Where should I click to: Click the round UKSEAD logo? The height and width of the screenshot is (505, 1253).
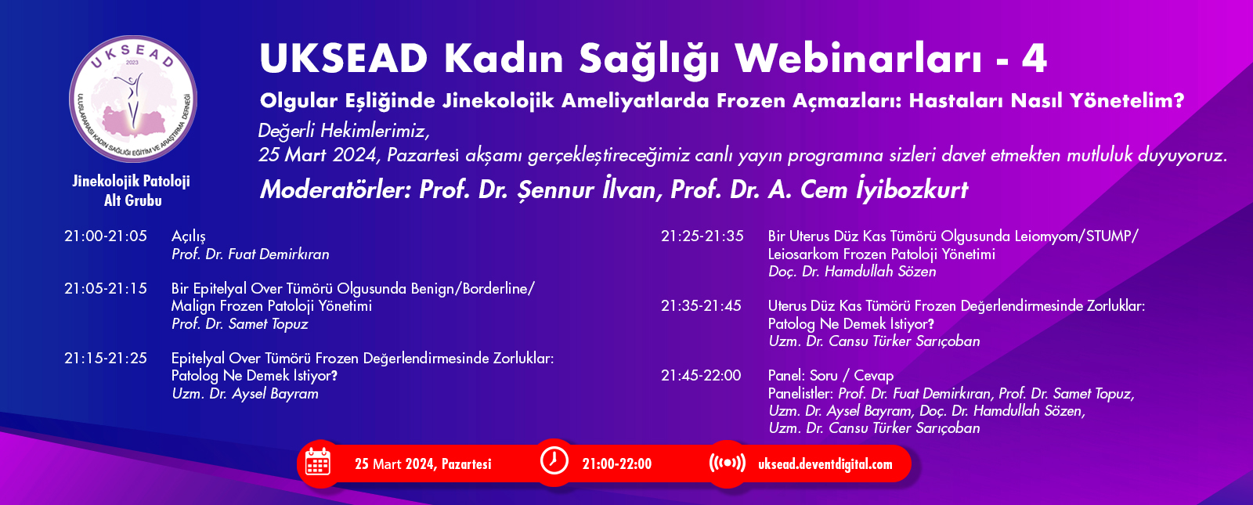133,99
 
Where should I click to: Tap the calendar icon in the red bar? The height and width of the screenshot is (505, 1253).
318,463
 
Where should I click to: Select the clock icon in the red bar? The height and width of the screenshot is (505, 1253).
554,461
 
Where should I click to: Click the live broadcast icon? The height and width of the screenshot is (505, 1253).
728,463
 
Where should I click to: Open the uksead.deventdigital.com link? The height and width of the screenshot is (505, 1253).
825,464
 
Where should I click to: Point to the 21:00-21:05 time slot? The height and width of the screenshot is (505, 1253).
106,236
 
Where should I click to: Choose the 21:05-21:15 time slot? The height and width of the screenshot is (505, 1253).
106,289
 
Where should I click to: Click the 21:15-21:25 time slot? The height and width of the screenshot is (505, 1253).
106,358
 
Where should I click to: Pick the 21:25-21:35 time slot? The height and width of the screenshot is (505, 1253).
702,236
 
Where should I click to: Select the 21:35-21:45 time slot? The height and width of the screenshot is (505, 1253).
701,306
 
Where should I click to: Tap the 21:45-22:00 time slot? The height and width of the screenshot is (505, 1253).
701,375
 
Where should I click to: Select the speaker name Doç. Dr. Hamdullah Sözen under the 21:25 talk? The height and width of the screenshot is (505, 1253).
852,272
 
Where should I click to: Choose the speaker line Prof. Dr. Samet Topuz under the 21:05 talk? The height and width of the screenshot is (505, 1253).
240,324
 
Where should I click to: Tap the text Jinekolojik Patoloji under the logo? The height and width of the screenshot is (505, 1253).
132,181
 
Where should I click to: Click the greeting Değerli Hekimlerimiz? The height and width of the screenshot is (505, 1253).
344,132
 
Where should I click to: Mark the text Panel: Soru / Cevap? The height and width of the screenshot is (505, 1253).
831,375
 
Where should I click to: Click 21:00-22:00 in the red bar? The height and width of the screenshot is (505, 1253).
617,464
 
